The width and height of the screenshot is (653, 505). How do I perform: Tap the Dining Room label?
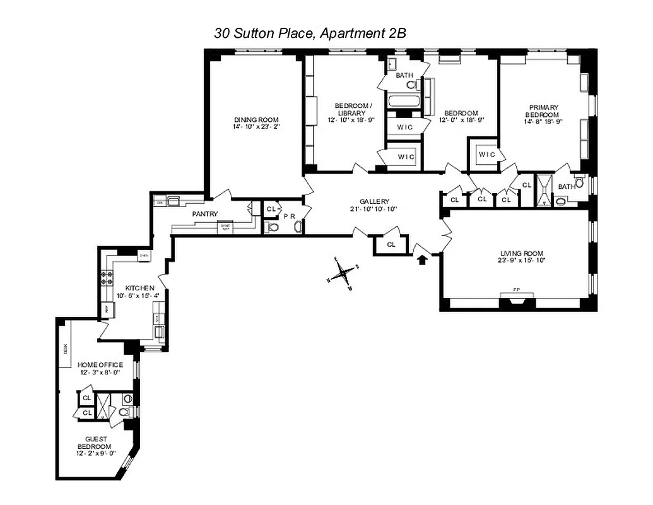[256, 120]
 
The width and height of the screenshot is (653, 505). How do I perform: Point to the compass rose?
[343, 273]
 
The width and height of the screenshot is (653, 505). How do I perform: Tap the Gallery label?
[375, 201]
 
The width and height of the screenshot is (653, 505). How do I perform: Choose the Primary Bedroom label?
[543, 111]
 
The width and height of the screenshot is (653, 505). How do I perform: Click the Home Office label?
[100, 365]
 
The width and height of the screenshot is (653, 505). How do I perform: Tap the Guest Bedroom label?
[97, 443]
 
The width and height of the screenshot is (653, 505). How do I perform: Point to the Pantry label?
[205, 214]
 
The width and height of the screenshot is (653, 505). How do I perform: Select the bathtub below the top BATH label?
[403, 101]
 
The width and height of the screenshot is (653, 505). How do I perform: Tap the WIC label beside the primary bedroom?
[486, 155]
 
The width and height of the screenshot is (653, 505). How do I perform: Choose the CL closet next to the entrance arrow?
[391, 244]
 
